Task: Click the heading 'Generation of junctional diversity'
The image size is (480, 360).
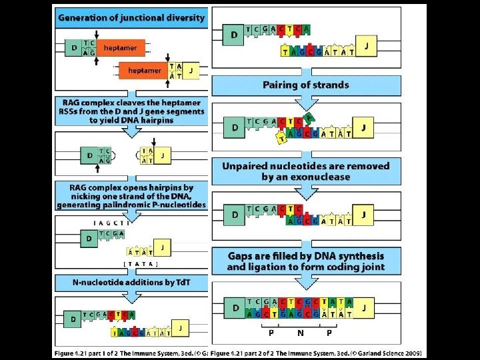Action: click(131, 18)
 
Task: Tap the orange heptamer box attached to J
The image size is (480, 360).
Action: click(144, 70)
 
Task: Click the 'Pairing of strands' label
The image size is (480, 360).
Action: click(306, 85)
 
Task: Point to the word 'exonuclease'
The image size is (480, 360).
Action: click(325, 177)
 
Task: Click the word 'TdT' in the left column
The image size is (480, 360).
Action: click(181, 283)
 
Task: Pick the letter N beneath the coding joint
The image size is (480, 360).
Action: click(301, 331)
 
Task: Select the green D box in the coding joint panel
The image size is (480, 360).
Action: click(234, 309)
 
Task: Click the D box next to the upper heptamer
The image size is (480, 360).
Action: click(73, 48)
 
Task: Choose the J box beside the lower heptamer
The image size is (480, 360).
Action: click(191, 69)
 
